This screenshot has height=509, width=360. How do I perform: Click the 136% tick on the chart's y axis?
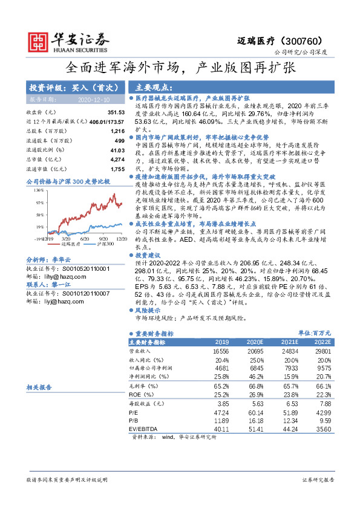(x=39, y=190)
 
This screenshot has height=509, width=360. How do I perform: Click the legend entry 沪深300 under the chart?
(x=101, y=245)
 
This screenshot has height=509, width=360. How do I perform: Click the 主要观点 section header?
(x=152, y=87)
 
